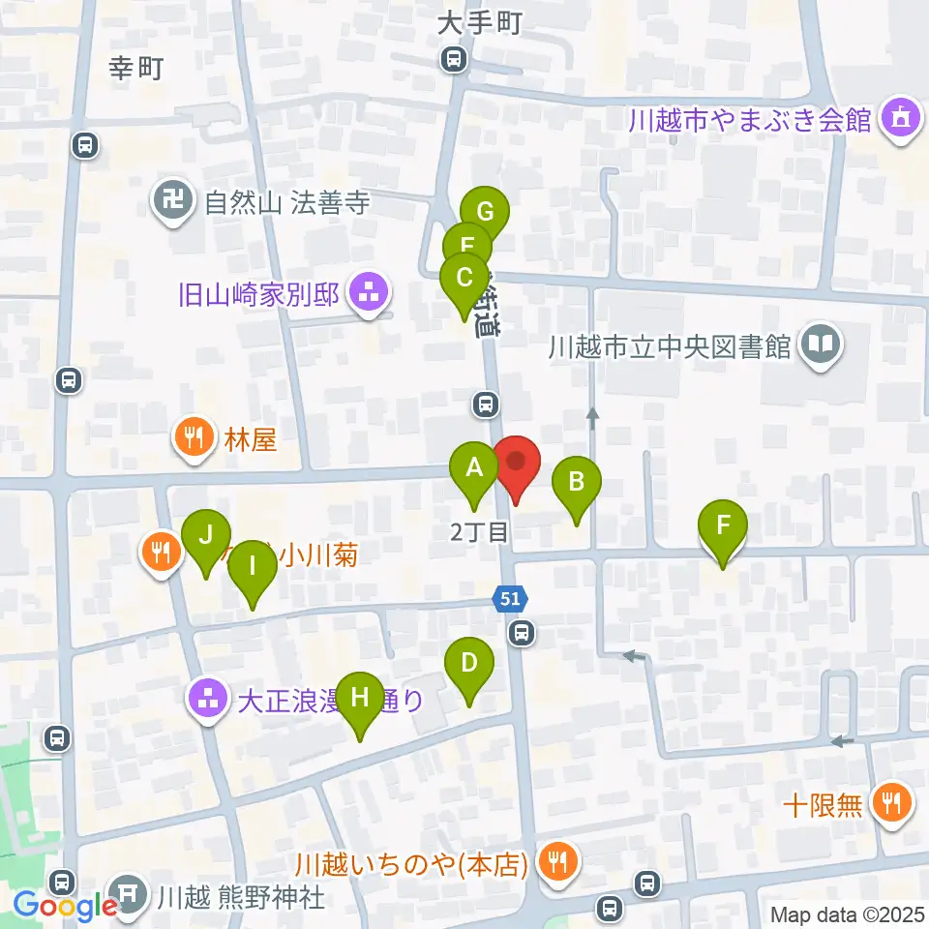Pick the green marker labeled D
(469, 665)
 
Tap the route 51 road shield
(511, 600)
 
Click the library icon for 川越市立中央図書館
(821, 345)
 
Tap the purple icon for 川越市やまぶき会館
(900, 121)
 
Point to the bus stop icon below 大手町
(453, 61)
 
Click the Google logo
(64, 906)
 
